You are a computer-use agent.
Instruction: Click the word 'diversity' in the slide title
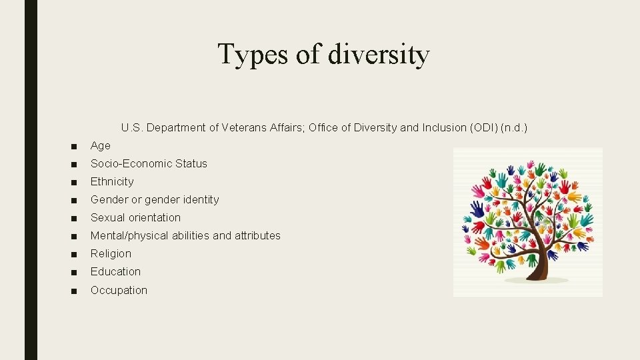coord(379,55)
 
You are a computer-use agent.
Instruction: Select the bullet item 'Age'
coord(101,145)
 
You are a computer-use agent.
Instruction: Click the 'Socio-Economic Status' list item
coord(149,163)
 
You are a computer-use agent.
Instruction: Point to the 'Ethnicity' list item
coord(112,181)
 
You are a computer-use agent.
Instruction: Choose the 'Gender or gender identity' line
coord(155,199)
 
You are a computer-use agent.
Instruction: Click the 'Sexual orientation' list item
coord(135,217)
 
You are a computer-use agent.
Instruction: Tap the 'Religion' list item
coord(111,253)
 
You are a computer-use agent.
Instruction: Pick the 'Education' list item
coord(115,271)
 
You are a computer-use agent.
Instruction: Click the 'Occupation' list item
coord(119,290)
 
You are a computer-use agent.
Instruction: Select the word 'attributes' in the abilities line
coord(257,235)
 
